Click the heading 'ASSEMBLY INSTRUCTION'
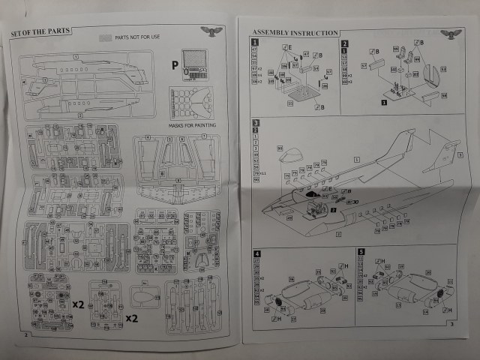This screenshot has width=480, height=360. pos(295,32)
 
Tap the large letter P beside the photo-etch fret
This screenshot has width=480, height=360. pos(174,66)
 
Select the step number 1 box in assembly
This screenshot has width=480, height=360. pos(255,43)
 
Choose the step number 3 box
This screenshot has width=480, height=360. pos(256,123)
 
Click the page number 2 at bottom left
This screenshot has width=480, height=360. pos(26,334)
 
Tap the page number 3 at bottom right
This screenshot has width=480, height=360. pos(451,324)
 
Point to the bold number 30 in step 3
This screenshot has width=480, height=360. pos(355,201)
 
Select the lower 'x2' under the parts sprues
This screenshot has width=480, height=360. pos(133,318)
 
